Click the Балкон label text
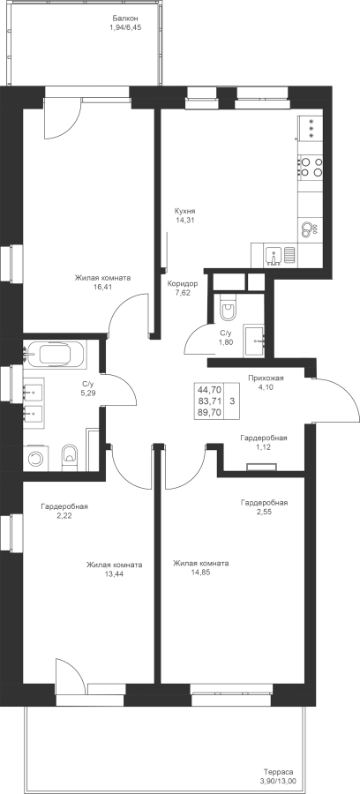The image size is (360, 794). pos(124,19)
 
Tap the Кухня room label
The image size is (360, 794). pos(184,211)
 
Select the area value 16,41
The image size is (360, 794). pos(102,287)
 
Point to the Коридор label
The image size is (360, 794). pos(183,283)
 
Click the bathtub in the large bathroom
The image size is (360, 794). pos(56,354)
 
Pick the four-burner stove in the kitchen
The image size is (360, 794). pos(311,167)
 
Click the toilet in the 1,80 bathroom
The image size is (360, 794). pos(229,309)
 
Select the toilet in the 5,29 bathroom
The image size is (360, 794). pos(69,455)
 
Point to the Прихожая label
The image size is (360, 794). pos(266,378)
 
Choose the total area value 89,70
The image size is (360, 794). pos(209,412)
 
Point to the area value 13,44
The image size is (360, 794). pos(114,574)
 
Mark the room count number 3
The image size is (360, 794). pos(232,401)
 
